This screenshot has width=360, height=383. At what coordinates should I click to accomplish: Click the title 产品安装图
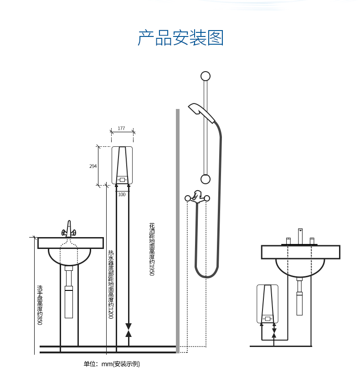click(x=180, y=38)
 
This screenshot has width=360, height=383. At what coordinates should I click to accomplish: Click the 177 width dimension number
click(x=121, y=128)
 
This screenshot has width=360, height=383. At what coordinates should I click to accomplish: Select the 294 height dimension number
click(x=93, y=166)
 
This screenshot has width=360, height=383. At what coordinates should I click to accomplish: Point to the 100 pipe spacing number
click(x=122, y=194)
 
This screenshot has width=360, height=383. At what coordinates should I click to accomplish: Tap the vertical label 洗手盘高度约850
click(x=40, y=305)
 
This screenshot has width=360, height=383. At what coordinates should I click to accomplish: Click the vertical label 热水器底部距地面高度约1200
click(x=111, y=285)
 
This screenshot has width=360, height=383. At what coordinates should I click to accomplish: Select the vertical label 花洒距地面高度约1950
click(x=152, y=249)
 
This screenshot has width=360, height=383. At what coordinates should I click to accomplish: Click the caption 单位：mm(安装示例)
click(x=112, y=364)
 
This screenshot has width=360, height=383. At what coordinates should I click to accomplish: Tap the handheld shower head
click(x=201, y=113)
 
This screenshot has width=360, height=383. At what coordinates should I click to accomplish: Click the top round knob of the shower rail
click(x=206, y=76)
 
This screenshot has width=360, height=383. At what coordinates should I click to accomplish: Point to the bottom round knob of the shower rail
click(x=206, y=179)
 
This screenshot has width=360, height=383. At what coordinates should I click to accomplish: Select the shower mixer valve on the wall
click(x=197, y=197)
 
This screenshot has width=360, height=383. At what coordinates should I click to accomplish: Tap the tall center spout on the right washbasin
click(x=300, y=236)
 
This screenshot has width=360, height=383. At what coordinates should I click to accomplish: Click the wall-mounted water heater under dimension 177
click(x=122, y=165)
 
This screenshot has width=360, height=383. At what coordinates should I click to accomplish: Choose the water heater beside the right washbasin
click(x=267, y=304)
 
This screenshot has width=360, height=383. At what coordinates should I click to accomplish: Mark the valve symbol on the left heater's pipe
click(x=129, y=330)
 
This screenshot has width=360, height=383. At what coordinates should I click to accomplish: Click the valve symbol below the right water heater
click(x=274, y=333)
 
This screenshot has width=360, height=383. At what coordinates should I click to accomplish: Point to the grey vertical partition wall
click(x=178, y=231)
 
